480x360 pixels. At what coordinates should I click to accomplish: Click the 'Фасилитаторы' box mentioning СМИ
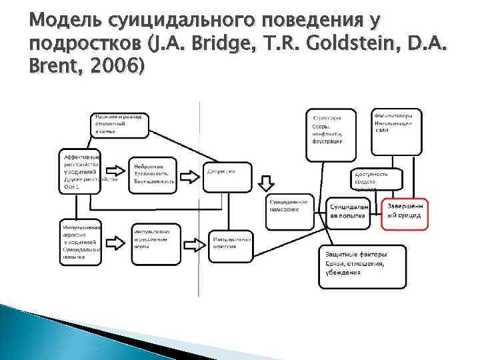tap(398, 129)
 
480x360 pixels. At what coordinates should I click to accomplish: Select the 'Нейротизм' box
tap(153, 175)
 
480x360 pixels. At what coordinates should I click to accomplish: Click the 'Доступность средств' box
tap(379, 180)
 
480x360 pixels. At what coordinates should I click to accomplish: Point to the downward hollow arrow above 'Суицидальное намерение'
tap(266, 182)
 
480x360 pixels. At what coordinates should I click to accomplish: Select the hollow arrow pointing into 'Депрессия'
tap(189, 177)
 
